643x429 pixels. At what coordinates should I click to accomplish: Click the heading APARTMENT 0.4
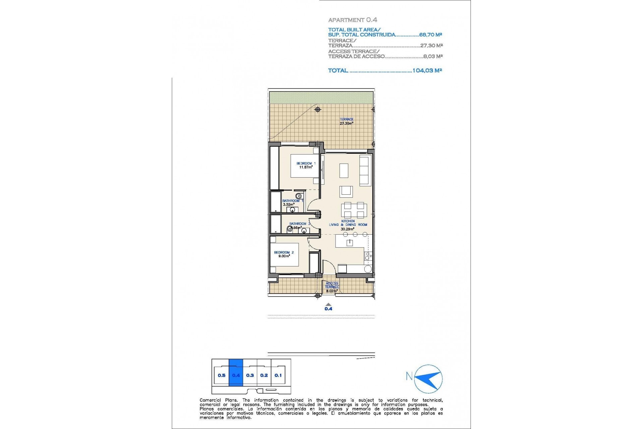point(352,20)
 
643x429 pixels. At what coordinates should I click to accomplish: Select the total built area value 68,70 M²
point(430,35)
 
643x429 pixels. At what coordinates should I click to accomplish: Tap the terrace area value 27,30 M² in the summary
point(431,46)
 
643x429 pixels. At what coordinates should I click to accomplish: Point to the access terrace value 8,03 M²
point(433,56)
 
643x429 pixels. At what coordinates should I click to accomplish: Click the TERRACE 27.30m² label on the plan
point(346,121)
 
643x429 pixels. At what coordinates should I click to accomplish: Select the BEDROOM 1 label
point(306,165)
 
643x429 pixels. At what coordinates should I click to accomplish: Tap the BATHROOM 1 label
point(292,202)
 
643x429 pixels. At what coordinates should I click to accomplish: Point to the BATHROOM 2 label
point(299,225)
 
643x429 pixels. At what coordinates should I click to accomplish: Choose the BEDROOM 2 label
point(284,254)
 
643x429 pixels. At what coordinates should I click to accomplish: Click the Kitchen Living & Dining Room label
point(348,225)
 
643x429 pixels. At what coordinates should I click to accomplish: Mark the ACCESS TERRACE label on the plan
point(332,287)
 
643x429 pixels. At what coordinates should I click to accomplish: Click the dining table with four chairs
point(354,210)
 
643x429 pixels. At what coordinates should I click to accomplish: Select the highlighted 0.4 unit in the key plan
point(236,375)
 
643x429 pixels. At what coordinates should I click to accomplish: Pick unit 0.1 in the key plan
point(278,375)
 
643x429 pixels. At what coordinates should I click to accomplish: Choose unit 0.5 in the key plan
point(221,375)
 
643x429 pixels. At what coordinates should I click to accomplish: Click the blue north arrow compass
point(428,379)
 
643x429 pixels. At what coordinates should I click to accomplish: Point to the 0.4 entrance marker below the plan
point(328,307)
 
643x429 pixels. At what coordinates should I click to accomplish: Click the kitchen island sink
point(350,243)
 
